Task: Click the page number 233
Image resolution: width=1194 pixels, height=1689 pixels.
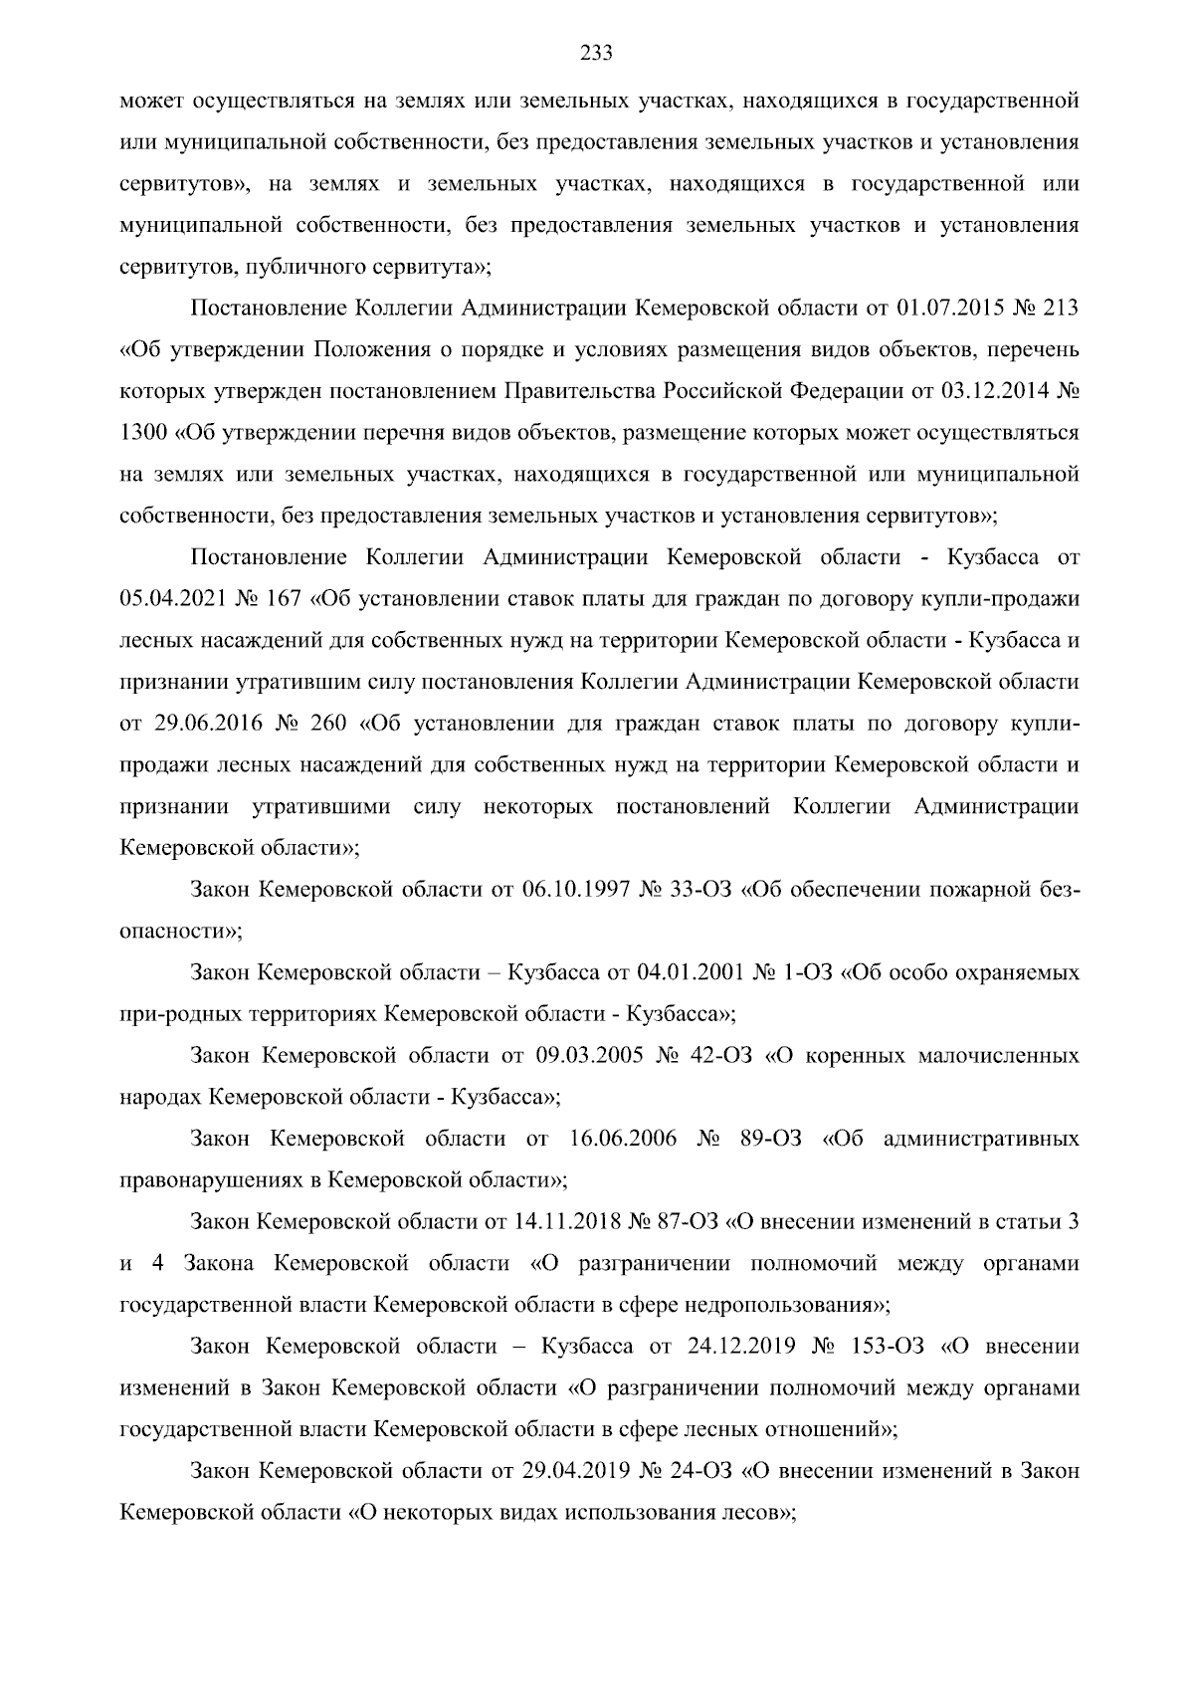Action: tap(596, 54)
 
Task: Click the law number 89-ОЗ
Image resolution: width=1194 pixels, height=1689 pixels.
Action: tap(772, 1139)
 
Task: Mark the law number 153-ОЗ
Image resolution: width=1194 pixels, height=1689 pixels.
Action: tap(888, 1347)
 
